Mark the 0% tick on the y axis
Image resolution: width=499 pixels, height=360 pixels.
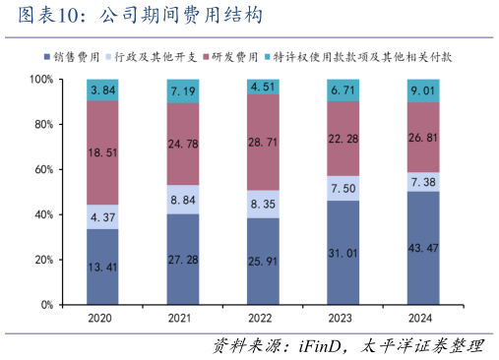[46, 305]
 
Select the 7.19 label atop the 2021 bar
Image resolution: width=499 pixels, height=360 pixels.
[182, 91]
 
